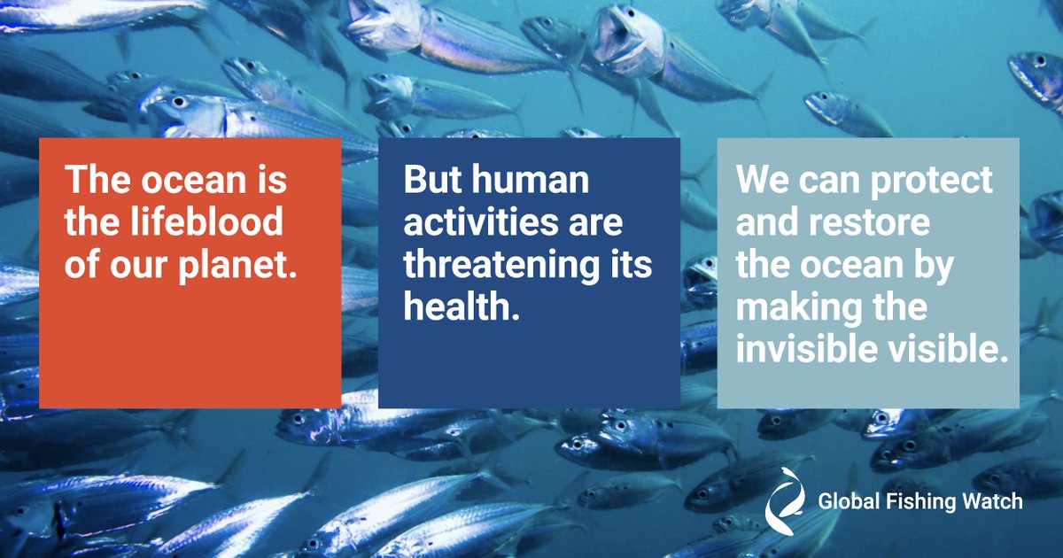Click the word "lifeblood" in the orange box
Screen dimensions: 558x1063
pos(206,222)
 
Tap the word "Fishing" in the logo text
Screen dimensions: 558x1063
pos(920,502)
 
